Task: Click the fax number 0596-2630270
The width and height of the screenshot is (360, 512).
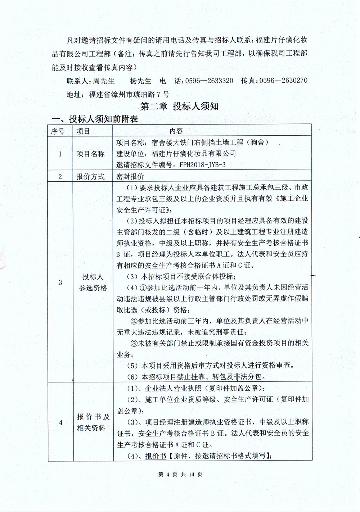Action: point(283,80)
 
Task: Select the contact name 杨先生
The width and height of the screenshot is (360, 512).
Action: point(140,81)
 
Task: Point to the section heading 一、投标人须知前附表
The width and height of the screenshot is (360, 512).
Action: point(95,119)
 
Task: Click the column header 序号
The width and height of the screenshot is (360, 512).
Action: point(58,131)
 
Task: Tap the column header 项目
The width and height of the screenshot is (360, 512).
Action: point(83,131)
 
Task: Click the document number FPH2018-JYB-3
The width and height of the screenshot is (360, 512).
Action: point(199,165)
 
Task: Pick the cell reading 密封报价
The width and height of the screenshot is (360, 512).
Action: point(130,176)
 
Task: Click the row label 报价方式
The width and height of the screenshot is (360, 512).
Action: point(90,176)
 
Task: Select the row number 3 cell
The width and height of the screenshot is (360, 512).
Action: point(60,282)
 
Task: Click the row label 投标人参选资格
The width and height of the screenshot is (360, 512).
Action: point(93,282)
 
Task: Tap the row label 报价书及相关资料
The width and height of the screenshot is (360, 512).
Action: point(93,422)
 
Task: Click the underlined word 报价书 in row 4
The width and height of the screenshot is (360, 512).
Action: point(156,456)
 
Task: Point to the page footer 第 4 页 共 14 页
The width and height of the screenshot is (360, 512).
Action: point(180,475)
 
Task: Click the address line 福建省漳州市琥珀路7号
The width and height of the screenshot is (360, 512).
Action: point(129,95)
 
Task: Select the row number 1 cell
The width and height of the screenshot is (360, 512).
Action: point(60,154)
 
